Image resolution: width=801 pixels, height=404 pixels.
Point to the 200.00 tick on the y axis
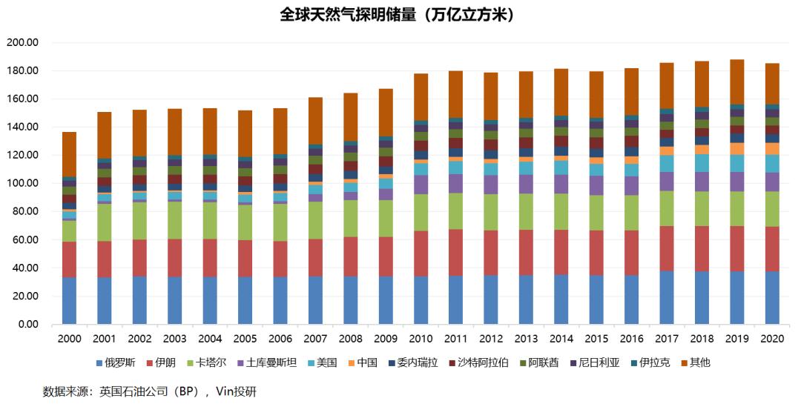22,42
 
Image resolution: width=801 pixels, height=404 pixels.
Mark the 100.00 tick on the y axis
22,183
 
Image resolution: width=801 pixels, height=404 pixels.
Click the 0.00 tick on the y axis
27,324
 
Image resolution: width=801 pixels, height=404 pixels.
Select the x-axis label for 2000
69,339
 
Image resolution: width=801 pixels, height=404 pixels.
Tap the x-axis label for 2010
421,339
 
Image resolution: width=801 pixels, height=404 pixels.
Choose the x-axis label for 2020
772,339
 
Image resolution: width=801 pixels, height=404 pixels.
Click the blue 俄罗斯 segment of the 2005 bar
245,300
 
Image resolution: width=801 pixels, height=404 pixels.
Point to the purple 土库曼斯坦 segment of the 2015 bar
596,185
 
